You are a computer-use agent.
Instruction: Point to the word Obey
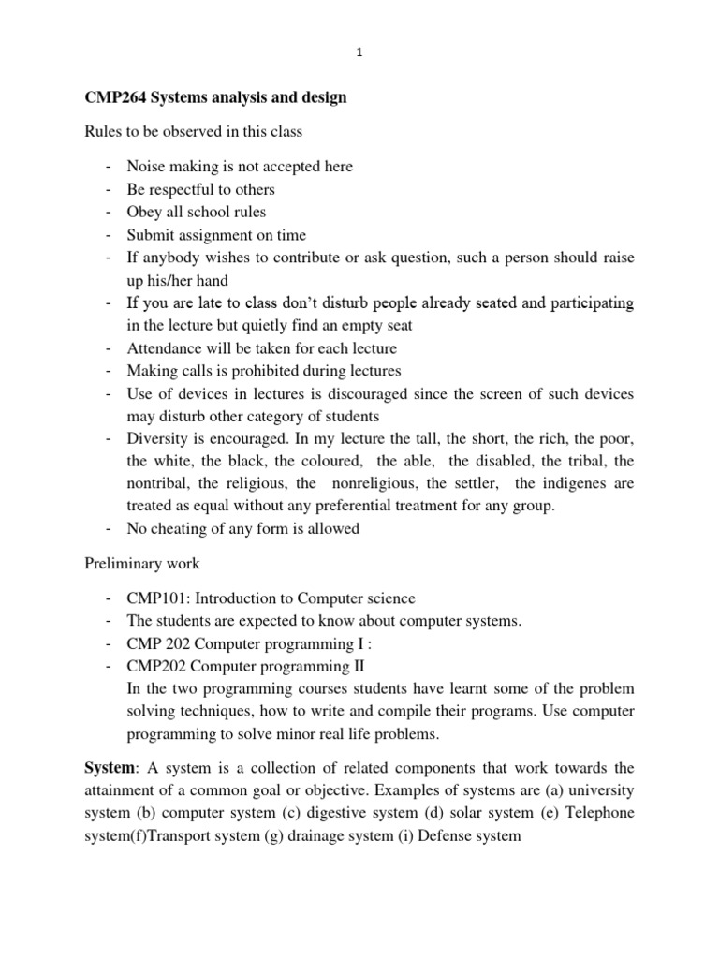pos(144,213)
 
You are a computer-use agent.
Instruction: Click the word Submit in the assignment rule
pos(153,235)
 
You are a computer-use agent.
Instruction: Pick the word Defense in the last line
pos(449,835)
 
